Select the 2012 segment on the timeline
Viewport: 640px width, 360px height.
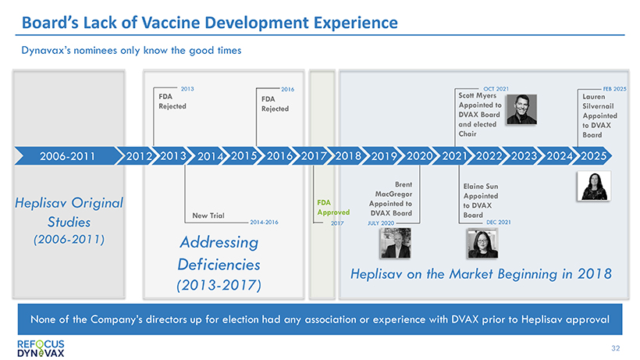coord(137,155)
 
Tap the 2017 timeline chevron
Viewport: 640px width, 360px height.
coord(312,155)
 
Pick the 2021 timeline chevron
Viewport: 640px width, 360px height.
coord(453,155)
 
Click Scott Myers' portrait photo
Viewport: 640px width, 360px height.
coord(521,109)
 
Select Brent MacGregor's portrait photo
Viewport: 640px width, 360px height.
coord(394,243)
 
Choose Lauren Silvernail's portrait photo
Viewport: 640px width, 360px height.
coord(594,186)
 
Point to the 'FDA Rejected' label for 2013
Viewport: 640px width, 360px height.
coord(172,102)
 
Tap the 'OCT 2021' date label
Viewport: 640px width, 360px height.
coord(495,89)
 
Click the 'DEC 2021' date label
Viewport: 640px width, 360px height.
coord(498,223)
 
